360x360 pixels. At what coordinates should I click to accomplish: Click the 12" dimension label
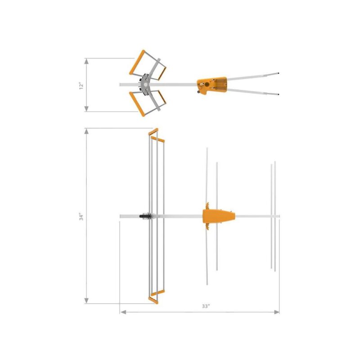click(81, 86)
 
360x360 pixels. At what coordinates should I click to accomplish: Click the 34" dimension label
click(81, 217)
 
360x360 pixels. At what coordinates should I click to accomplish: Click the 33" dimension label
click(206, 306)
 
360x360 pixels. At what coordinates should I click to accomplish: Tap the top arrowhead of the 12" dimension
click(86, 61)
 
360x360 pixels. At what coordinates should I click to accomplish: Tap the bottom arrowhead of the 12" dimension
click(86, 109)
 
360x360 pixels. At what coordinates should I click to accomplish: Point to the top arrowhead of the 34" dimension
click(86, 131)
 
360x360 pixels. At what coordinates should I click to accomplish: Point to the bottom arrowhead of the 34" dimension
click(86, 301)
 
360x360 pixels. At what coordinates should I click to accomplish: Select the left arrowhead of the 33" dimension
click(123, 312)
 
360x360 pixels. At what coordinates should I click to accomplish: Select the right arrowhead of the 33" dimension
click(277, 312)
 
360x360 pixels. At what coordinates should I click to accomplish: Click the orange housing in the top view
click(212, 85)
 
